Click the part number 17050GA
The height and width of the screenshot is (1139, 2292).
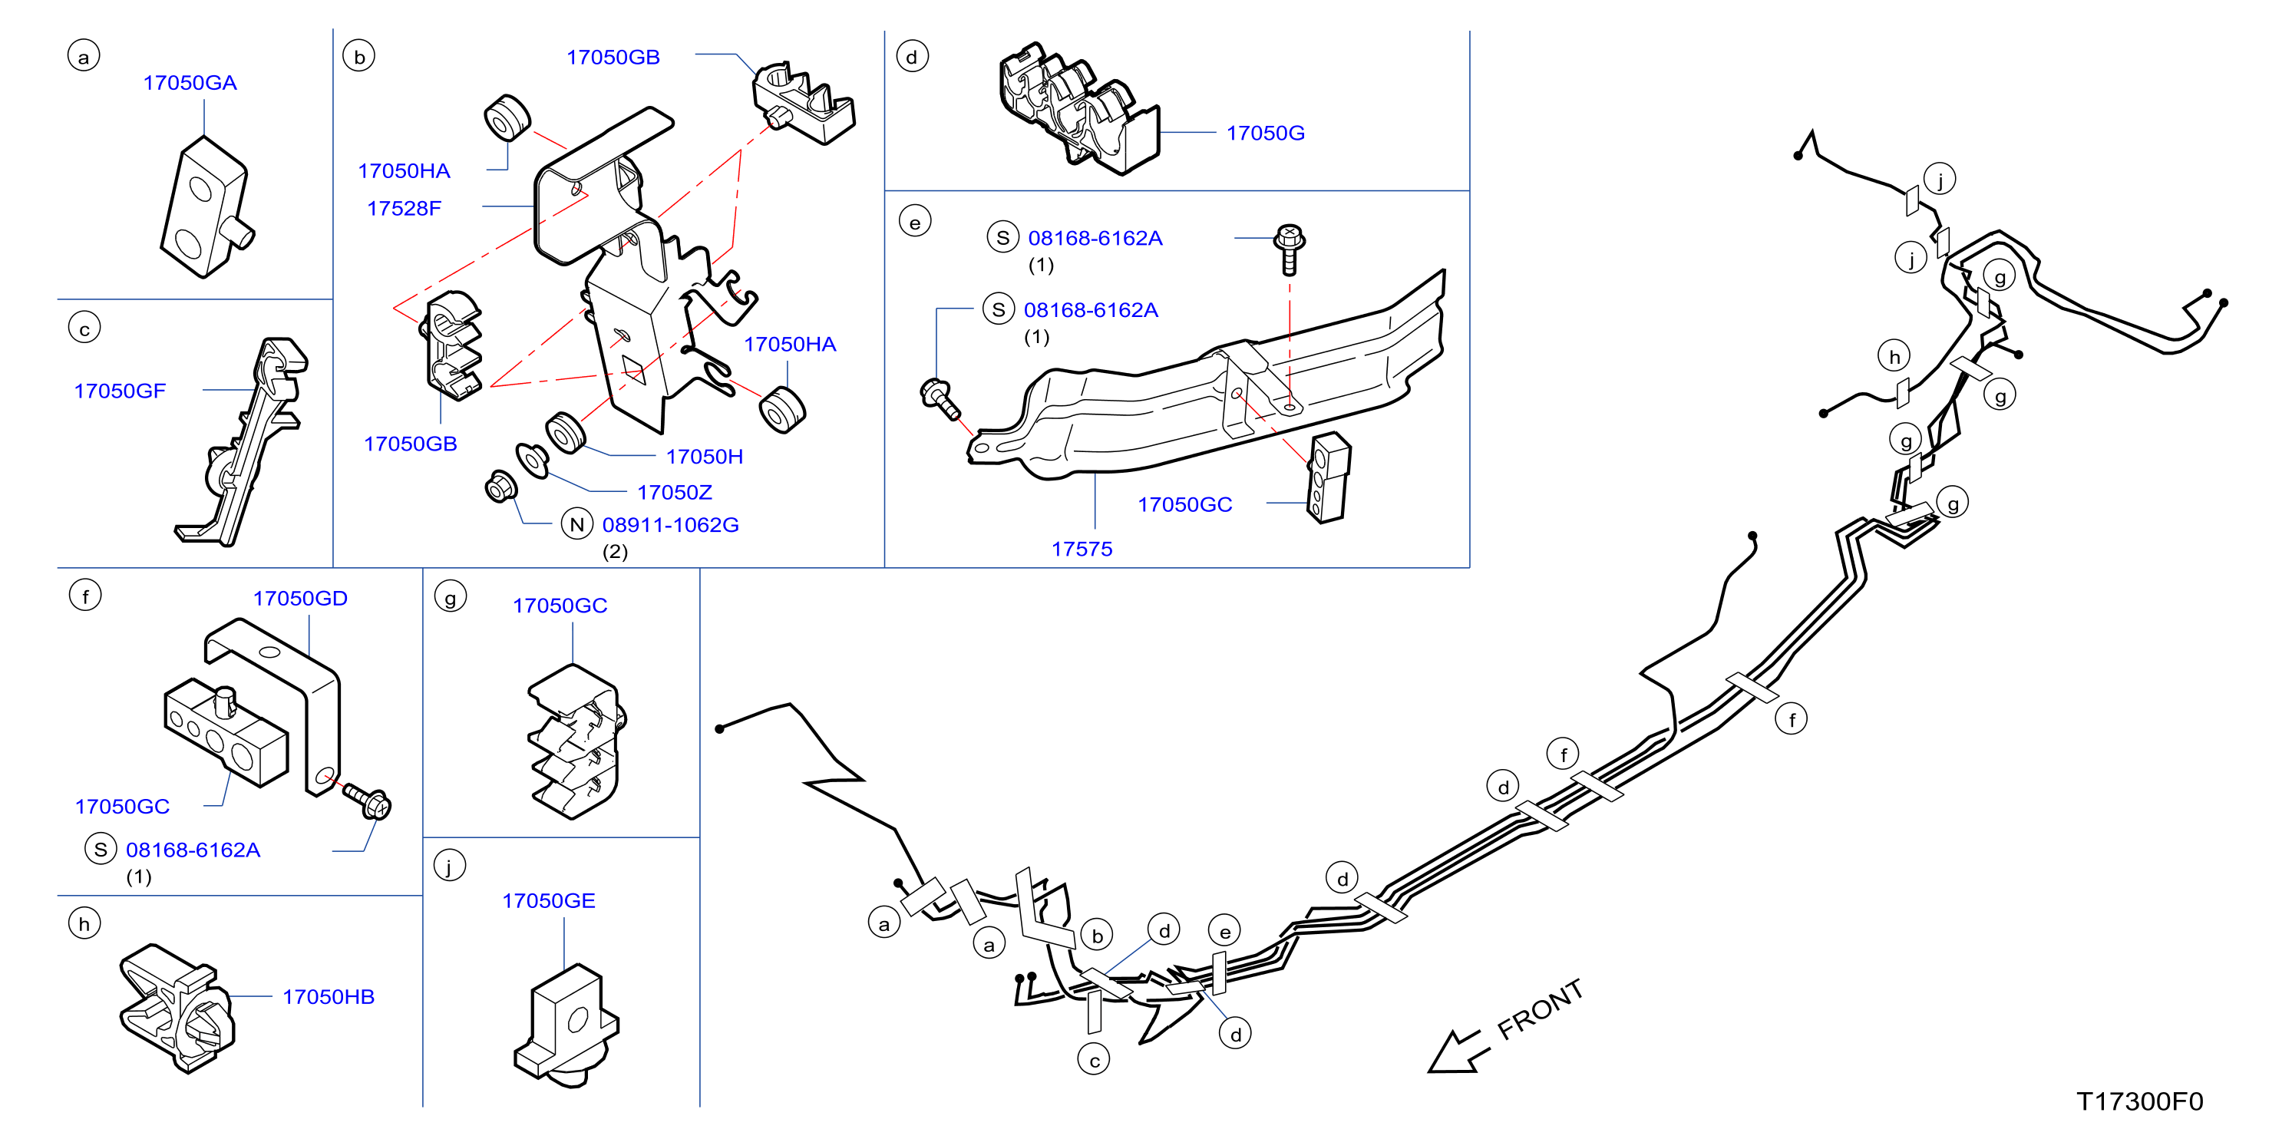[x=190, y=83]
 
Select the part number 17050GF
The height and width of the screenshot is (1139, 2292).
[x=119, y=391]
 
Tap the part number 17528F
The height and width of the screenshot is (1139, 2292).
[x=404, y=208]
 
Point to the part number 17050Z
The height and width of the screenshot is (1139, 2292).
[x=675, y=492]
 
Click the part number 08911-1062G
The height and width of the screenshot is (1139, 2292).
[x=670, y=525]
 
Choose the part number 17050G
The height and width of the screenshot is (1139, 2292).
[x=1265, y=133]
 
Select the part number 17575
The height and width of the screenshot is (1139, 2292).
[x=1082, y=549]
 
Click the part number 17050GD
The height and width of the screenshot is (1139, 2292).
[x=300, y=598]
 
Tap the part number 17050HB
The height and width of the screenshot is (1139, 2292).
[x=329, y=996]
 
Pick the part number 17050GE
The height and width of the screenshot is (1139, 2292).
[x=548, y=900]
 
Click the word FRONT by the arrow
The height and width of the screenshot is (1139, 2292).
[x=1541, y=1009]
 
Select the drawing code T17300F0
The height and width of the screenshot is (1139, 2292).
[x=2139, y=1101]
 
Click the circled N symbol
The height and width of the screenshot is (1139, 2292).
[x=576, y=524]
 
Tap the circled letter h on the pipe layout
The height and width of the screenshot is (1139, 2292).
[x=1894, y=356]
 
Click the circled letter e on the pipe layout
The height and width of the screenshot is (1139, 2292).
[x=1225, y=931]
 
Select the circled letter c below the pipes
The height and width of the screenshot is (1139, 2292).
[x=1094, y=1059]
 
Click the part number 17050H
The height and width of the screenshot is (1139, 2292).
[x=704, y=457]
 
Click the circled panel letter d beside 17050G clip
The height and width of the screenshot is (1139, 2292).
[x=911, y=56]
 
